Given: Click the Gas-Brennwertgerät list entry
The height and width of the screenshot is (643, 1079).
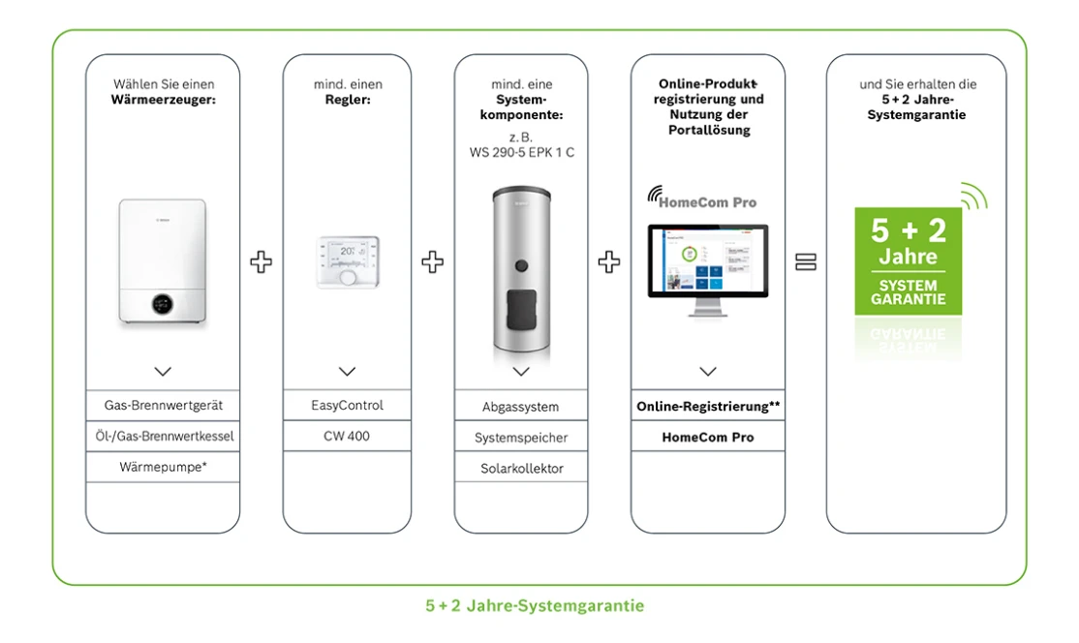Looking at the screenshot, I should [x=163, y=405].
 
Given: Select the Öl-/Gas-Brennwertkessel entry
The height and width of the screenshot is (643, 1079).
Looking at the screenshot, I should [x=163, y=436].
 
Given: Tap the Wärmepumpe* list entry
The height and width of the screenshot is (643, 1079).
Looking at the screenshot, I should [x=163, y=467].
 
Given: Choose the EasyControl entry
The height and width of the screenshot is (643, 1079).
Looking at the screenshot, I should [x=347, y=405].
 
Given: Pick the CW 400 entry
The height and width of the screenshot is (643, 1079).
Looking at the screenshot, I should [x=347, y=436].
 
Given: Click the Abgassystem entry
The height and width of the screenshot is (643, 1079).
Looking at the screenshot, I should [x=521, y=407].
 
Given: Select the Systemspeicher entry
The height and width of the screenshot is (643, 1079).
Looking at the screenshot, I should [x=521, y=438].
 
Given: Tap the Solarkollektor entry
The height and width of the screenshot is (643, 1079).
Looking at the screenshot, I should [x=521, y=469].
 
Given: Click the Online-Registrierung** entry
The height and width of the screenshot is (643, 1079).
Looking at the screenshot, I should [x=708, y=407].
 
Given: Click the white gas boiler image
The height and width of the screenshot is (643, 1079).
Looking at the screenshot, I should [x=163, y=261].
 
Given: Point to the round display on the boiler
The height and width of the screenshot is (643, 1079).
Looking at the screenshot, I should [x=163, y=305].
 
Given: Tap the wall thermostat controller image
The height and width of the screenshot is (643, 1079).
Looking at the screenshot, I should [x=347, y=261].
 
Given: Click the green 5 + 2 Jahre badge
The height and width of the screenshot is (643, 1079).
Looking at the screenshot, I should [x=908, y=260].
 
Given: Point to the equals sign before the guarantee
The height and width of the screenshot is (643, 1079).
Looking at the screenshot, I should [x=806, y=262].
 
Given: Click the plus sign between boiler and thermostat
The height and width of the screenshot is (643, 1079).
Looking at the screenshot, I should [x=262, y=262].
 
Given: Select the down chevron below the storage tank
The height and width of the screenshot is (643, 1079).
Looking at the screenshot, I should [x=521, y=372].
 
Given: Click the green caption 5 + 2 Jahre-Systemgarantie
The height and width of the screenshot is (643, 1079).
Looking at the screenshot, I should [x=535, y=606].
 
